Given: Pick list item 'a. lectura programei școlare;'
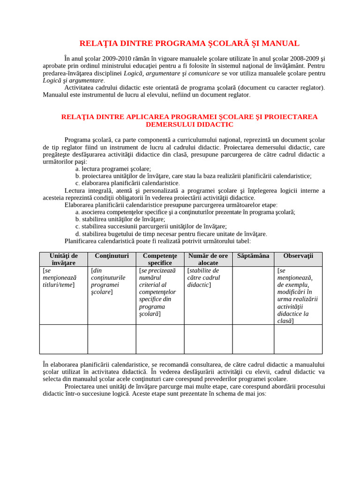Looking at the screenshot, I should coord(113,169).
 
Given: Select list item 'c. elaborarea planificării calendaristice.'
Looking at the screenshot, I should coord(127,183).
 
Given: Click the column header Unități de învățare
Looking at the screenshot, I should coord(64,259).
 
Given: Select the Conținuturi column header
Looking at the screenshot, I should coord(112,256).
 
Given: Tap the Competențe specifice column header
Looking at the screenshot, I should coord(160,259).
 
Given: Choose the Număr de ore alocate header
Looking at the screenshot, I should coord(208,259).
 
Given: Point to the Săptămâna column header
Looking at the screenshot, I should coord(253,256).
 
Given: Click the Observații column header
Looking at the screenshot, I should coord(298,256).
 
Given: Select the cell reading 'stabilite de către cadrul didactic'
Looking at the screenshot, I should coord(204,277).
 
